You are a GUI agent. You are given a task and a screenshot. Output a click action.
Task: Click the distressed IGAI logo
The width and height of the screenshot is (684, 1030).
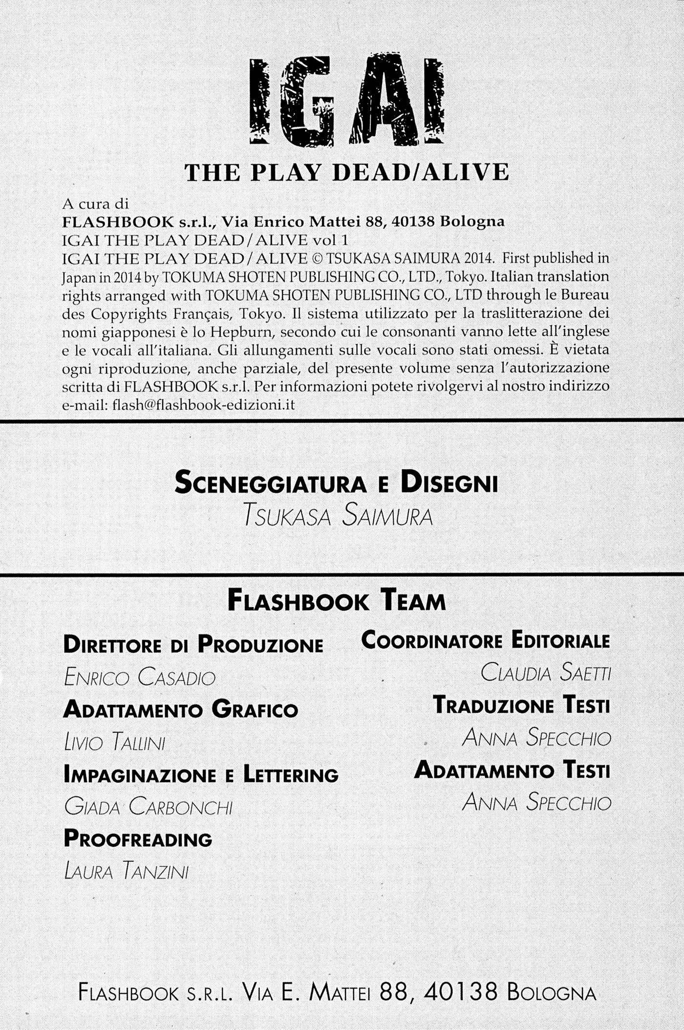[x=346, y=100]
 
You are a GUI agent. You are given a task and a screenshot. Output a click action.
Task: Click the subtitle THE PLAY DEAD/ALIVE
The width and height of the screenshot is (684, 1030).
[x=346, y=173]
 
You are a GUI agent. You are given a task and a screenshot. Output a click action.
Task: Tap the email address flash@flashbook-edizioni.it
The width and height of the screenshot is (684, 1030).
[x=204, y=405]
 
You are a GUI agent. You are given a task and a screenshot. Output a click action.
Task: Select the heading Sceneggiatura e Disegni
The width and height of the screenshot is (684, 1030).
[x=336, y=482]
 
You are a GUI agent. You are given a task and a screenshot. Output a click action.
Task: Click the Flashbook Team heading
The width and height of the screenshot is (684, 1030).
[x=337, y=601]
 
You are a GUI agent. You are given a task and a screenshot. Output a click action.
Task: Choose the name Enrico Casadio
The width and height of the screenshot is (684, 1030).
[x=140, y=678]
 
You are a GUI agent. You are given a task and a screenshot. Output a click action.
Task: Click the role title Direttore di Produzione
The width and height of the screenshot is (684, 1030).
[x=193, y=644]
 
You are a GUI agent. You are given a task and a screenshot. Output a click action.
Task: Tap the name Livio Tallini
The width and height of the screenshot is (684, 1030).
[x=114, y=743]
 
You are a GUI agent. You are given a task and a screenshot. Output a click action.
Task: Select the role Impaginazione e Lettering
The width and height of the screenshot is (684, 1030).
[x=201, y=775]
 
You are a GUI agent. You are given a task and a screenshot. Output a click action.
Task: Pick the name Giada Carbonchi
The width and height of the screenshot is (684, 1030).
[x=148, y=807]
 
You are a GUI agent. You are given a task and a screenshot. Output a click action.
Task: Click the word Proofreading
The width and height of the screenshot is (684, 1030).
[x=138, y=839]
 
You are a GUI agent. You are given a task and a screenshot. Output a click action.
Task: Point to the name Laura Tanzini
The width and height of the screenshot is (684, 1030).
[x=126, y=871]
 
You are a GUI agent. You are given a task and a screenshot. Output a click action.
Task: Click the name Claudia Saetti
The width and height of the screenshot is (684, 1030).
[x=545, y=673]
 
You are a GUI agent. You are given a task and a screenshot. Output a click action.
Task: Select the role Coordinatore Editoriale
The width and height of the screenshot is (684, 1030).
[x=486, y=640]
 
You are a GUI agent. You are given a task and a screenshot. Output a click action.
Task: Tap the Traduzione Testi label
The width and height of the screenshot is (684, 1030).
[x=521, y=705]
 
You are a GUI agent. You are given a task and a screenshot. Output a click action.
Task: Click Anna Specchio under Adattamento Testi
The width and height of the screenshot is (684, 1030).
[x=536, y=802]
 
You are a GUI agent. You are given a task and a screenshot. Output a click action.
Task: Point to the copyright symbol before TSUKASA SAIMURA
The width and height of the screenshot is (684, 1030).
[x=317, y=258]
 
